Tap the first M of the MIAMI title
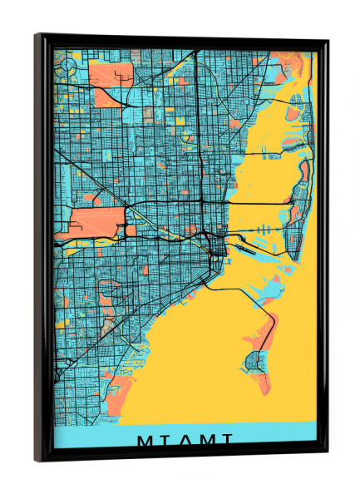click(143, 439)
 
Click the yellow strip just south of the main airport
click(91, 241)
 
